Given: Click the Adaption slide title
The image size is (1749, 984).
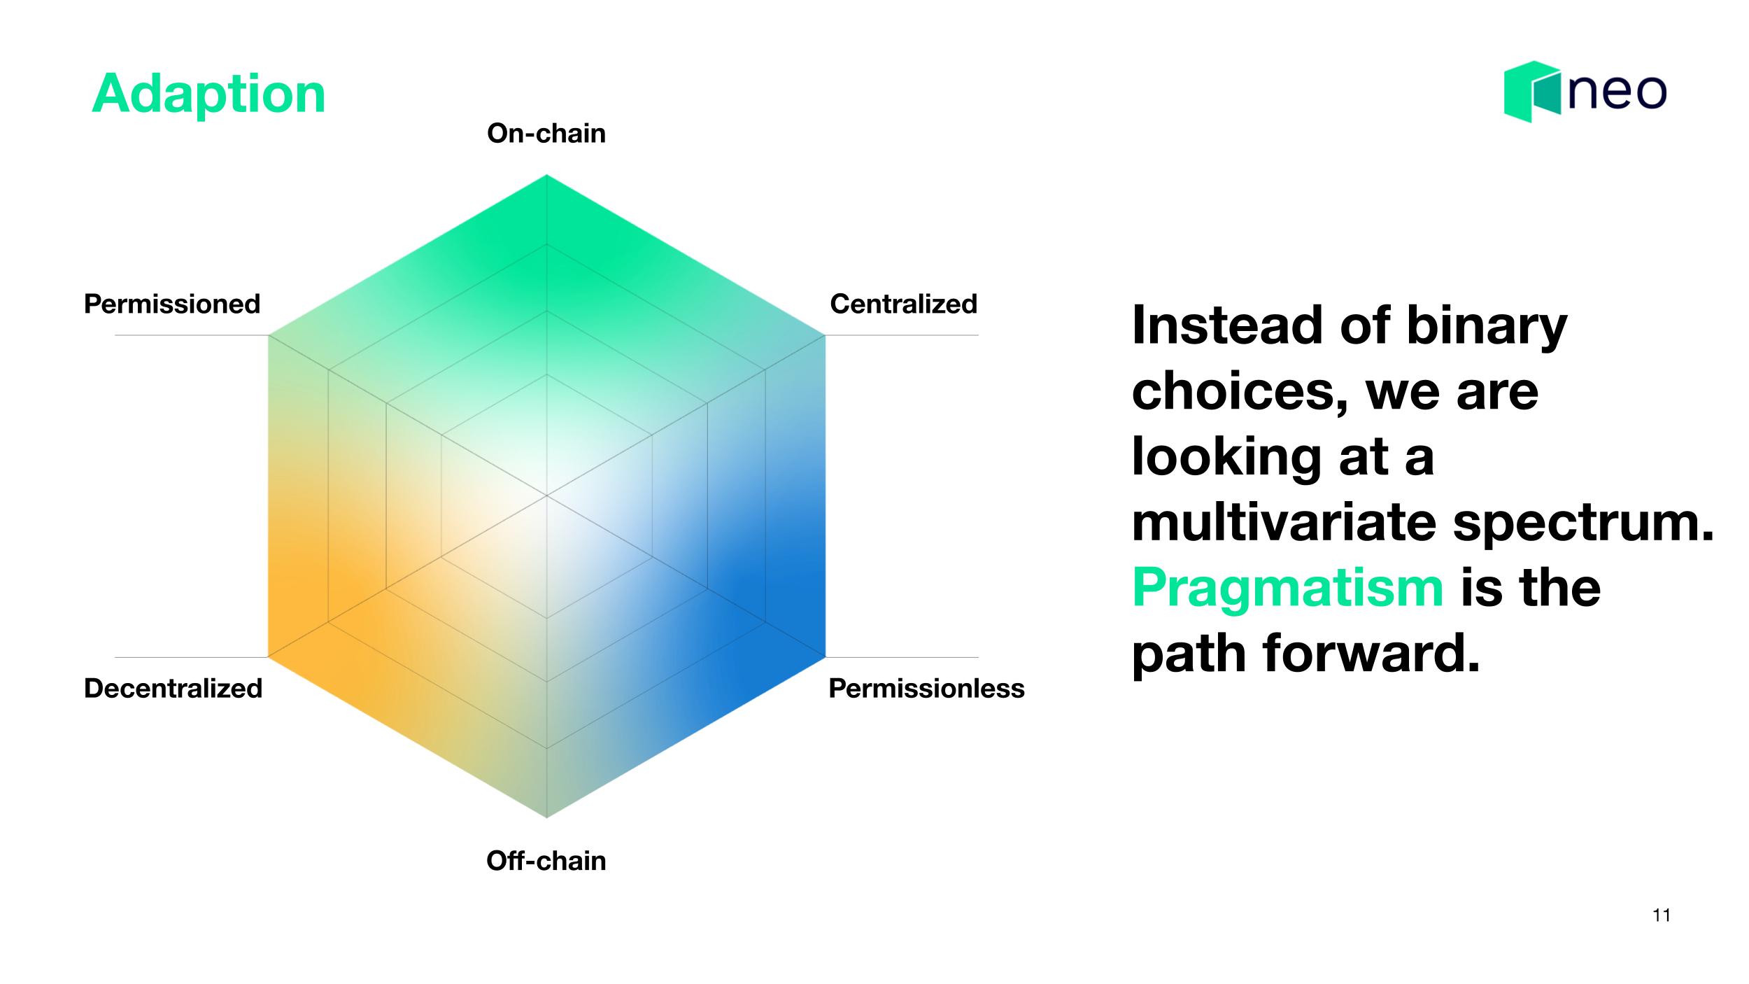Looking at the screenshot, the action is pyautogui.click(x=208, y=95).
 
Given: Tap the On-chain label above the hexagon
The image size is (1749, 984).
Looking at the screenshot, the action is pyautogui.click(x=546, y=133).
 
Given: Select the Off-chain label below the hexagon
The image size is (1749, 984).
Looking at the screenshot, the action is pyautogui.click(x=546, y=860).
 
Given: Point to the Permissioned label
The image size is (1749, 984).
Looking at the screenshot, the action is pyautogui.click(x=172, y=304).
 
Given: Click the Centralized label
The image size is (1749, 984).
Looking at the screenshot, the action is pyautogui.click(x=903, y=304).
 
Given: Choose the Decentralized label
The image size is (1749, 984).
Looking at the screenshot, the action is pyautogui.click(x=173, y=688).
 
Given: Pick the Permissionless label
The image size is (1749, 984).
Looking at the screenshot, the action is pyautogui.click(x=926, y=688).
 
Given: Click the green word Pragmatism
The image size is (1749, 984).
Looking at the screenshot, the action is pyautogui.click(x=1288, y=588).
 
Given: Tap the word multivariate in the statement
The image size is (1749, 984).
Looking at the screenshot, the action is pyautogui.click(x=1284, y=522).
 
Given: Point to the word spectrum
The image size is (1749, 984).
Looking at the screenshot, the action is pyautogui.click(x=1583, y=523).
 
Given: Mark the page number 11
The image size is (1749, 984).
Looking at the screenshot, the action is pyautogui.click(x=1662, y=915).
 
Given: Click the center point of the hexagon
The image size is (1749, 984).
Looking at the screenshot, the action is pyautogui.click(x=546, y=495).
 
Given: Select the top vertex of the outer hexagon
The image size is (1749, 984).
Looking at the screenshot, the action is pyautogui.click(x=546, y=174).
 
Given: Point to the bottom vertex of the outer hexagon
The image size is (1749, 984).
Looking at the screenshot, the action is pyautogui.click(x=546, y=817).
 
